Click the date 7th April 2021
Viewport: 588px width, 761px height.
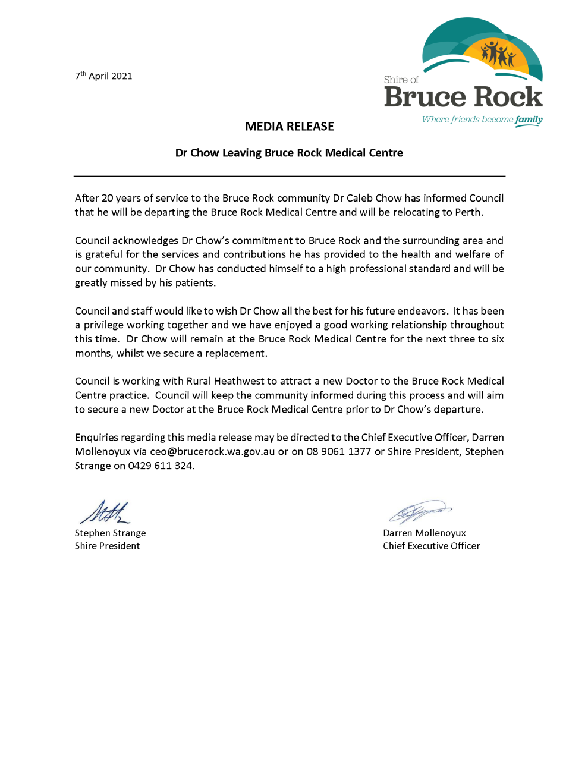point(103,76)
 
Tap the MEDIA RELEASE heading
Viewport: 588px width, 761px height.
point(290,127)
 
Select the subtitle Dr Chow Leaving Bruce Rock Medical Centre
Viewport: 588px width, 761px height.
point(289,153)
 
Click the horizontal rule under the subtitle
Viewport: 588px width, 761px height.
point(290,176)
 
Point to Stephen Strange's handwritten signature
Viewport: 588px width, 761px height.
point(105,513)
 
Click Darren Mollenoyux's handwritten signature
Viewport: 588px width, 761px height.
point(419,511)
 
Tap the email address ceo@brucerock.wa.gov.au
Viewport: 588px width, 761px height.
point(212,451)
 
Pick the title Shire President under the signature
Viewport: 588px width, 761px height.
point(108,546)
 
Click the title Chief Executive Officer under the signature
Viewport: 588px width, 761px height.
point(431,546)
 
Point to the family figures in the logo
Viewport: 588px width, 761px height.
point(498,54)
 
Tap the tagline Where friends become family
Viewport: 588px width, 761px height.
point(482,120)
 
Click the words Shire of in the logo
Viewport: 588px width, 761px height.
point(401,80)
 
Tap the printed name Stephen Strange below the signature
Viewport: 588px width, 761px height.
point(110,533)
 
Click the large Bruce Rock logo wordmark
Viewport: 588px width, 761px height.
point(463,97)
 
